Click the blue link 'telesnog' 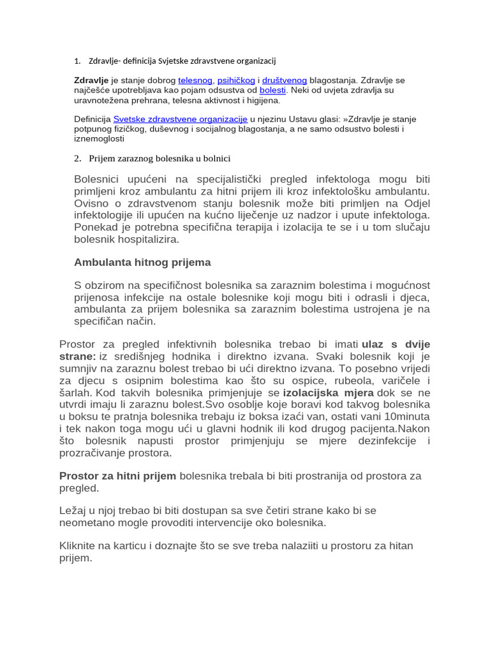tap(195, 80)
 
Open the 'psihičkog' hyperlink tap(236, 80)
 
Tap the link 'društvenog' tap(285, 80)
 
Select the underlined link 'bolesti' tap(272, 91)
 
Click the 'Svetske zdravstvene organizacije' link tap(180, 119)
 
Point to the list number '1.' tap(77, 61)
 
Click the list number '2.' tap(78, 158)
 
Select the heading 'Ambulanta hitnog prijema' tap(142, 262)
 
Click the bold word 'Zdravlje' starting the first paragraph tap(91, 80)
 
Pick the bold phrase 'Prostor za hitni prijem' tap(117, 476)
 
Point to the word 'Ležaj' tap(73, 511)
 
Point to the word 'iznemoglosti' tap(99, 138)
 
